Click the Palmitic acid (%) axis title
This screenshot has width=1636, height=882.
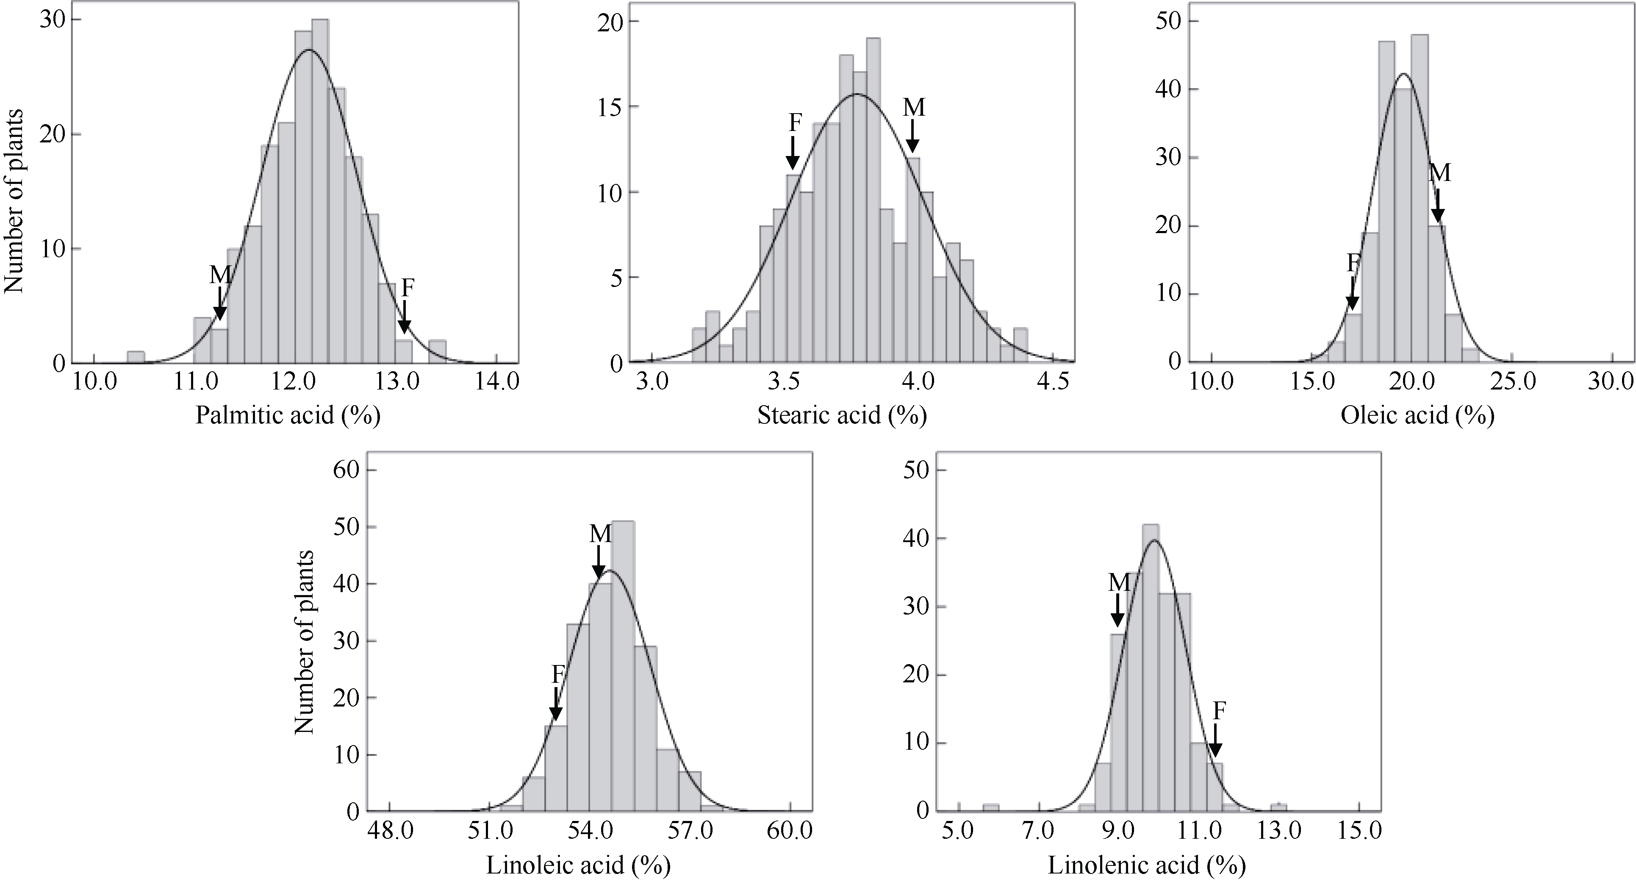point(287,416)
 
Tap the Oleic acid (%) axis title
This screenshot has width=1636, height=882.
point(1417,416)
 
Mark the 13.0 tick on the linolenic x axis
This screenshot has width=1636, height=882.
point(1278,831)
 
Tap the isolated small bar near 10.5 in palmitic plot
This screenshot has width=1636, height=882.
point(136,357)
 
